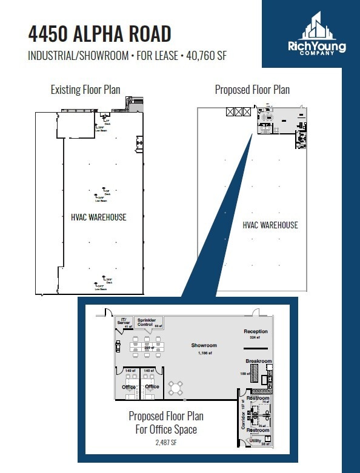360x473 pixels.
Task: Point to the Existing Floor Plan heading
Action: coord(85,90)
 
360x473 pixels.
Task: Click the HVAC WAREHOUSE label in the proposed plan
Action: coord(270,225)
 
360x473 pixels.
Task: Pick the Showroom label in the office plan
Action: coord(204,345)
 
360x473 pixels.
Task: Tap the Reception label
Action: coord(255,332)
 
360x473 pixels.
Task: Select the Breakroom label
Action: coord(259,361)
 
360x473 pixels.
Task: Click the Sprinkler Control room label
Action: coord(146,322)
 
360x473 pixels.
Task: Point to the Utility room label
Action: coord(255,440)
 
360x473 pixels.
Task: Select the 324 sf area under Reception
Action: coord(255,338)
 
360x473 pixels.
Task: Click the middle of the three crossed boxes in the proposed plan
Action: coord(238,111)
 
